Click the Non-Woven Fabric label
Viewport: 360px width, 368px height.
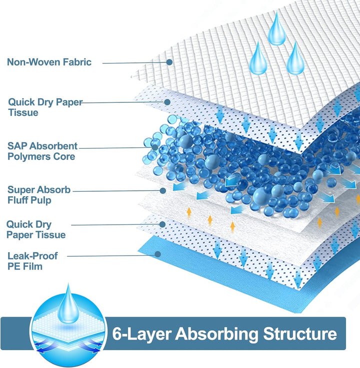tap(49, 62)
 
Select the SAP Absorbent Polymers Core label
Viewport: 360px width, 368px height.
tap(42, 151)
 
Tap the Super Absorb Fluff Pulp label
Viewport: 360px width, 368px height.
tap(39, 195)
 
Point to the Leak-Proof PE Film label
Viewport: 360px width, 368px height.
tap(32, 261)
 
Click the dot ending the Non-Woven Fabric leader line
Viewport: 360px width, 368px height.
tap(169, 62)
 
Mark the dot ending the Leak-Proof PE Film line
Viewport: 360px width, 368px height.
tap(157, 254)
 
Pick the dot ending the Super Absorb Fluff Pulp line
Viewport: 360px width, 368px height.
tap(163, 190)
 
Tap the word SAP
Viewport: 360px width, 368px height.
tap(18, 146)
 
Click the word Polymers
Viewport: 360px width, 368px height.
tap(27, 157)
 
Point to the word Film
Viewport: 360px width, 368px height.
tap(31, 267)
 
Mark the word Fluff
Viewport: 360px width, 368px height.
tap(18, 201)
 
